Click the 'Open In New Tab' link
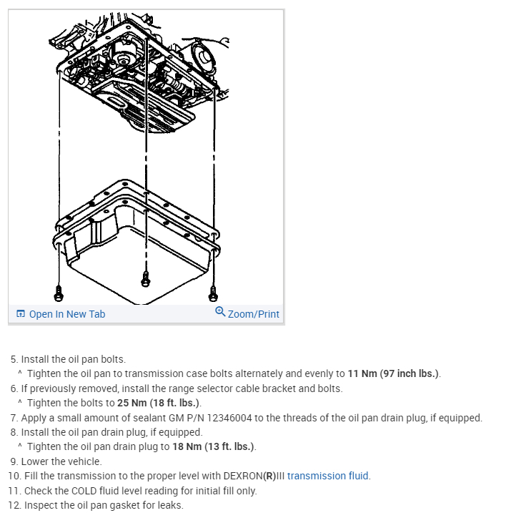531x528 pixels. [67, 314]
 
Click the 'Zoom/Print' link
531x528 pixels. [254, 314]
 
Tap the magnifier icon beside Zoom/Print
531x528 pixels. [220, 313]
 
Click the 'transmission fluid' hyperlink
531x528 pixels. [328, 476]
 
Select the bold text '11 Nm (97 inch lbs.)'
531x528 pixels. [394, 373]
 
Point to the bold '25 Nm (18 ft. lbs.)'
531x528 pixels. [159, 403]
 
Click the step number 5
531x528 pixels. [13, 359]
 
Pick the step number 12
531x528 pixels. [14, 505]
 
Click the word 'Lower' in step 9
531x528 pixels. [36, 461]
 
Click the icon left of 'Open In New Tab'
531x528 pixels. [20, 314]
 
